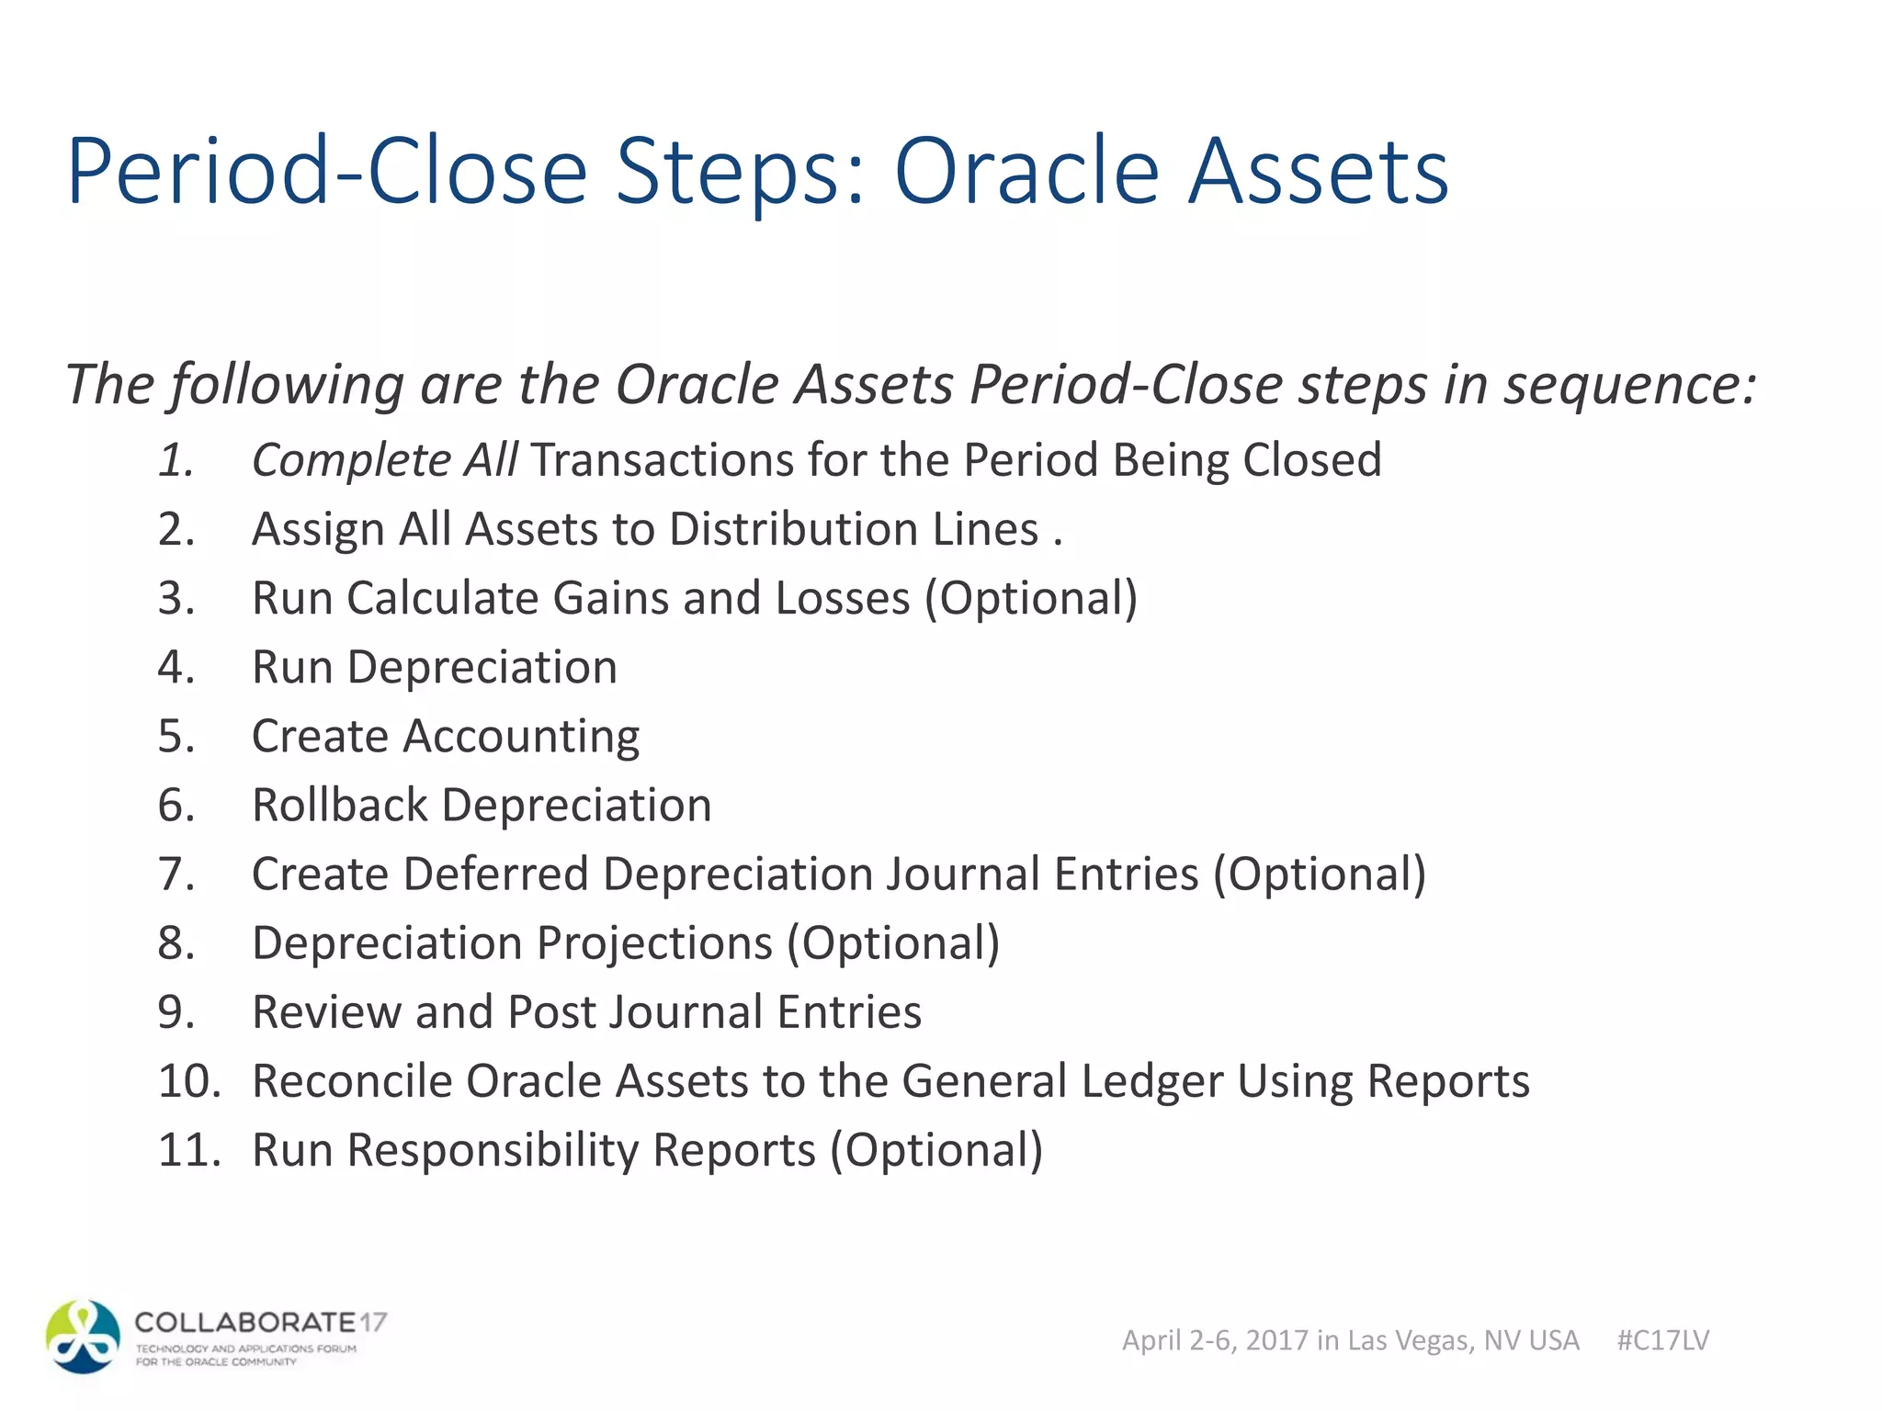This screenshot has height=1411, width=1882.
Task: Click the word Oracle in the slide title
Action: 1026,172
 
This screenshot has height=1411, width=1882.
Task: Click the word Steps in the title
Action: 740,172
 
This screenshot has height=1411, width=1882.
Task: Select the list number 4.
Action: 176,667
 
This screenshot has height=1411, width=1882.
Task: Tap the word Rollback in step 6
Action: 339,806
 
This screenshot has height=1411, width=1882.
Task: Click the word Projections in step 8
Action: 654,944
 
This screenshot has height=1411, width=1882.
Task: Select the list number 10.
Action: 188,1081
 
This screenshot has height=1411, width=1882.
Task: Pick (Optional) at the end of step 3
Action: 1030,599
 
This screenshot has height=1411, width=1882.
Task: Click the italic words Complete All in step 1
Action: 384,460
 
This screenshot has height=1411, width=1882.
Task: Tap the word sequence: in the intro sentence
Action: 1629,384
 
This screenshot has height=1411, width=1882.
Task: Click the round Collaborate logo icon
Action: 84,1337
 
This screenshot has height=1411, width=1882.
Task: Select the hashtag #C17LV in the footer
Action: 1662,1340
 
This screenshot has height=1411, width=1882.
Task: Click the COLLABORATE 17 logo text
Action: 260,1323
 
